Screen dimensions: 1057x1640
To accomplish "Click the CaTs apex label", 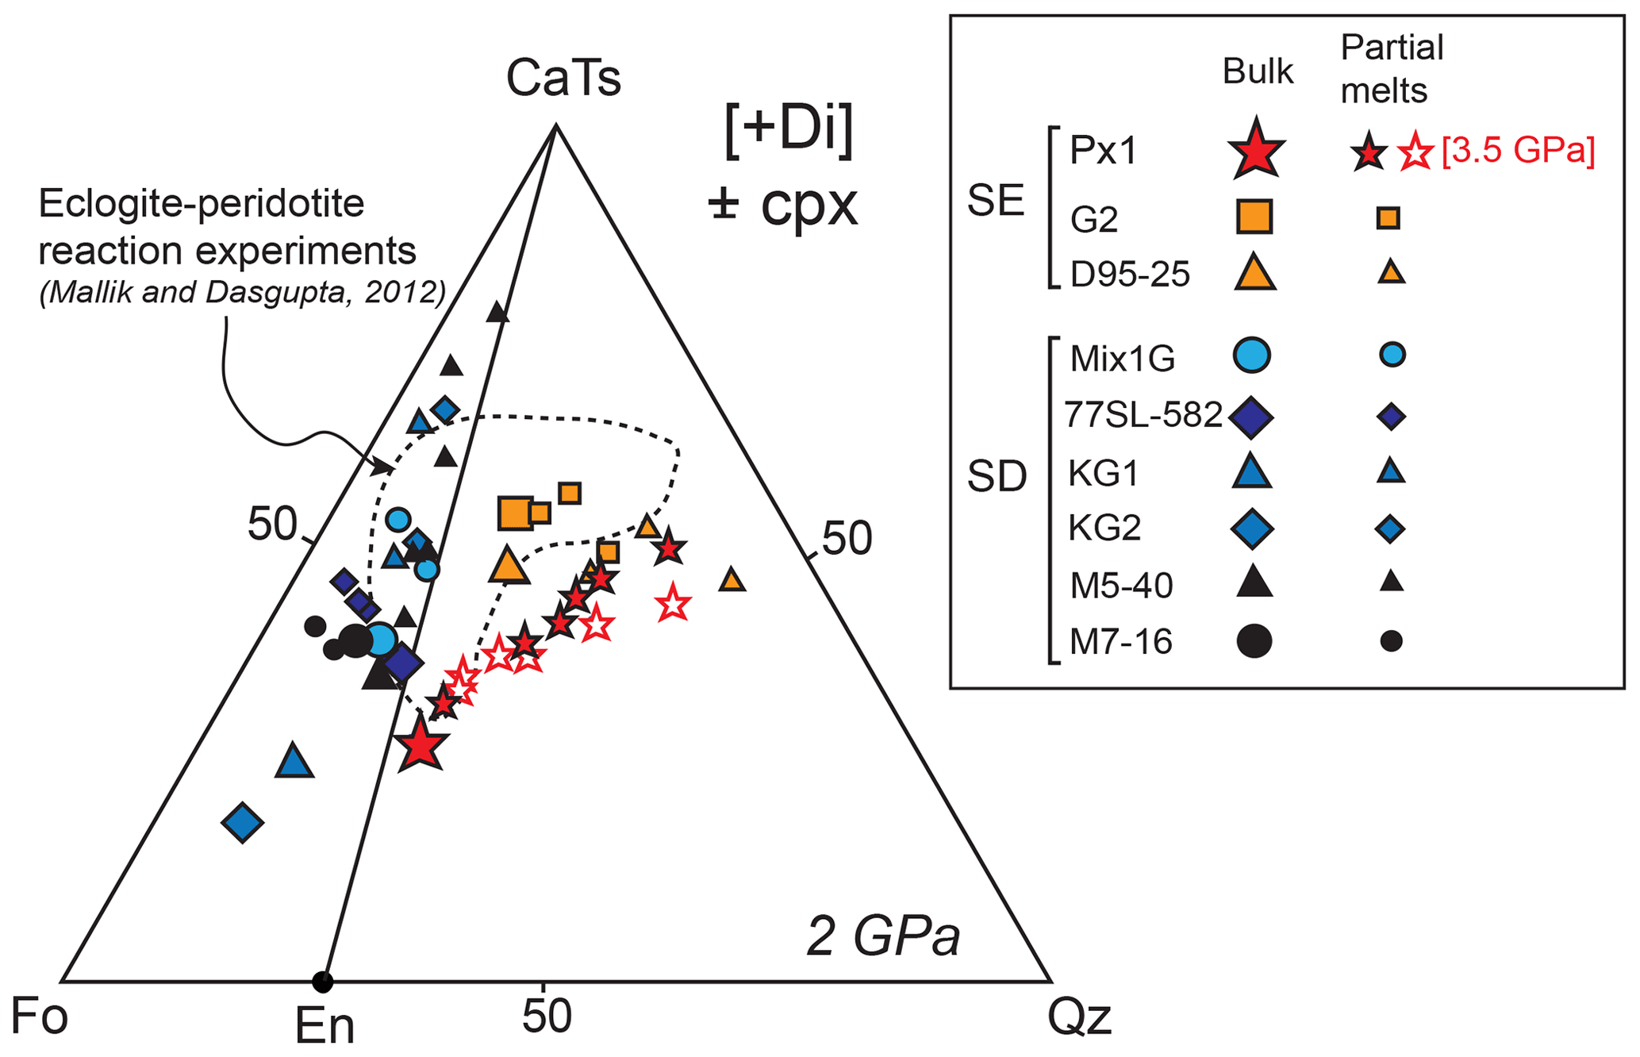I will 563,79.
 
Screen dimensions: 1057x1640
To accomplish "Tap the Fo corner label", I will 39,1017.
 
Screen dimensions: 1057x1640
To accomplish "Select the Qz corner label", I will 1079,1017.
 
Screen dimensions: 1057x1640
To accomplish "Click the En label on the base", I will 325,1026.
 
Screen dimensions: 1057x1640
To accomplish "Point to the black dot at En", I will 322,982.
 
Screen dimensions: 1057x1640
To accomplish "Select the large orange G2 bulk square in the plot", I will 515,513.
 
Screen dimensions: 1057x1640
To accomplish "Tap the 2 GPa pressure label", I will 883,937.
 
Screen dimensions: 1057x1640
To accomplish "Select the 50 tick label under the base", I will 547,1016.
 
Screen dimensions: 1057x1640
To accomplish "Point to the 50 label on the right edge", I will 847,540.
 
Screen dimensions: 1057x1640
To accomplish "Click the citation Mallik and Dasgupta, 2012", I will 242,293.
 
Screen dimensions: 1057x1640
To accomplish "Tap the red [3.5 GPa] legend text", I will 1518,151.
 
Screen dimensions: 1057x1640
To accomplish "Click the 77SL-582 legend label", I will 1143,415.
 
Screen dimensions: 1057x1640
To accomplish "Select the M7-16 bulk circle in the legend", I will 1254,641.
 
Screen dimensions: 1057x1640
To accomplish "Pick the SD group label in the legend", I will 997,477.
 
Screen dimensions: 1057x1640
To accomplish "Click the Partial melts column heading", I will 1392,70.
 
